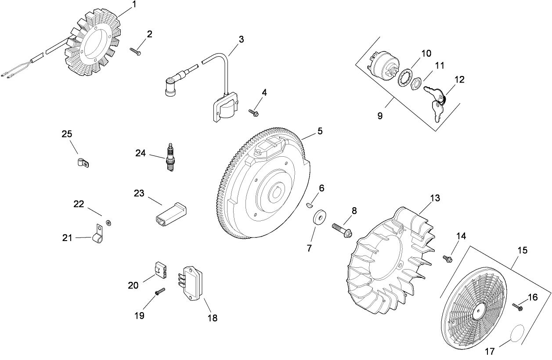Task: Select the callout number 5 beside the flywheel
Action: tap(320, 130)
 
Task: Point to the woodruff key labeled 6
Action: tap(310, 205)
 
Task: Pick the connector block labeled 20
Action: tap(160, 269)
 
